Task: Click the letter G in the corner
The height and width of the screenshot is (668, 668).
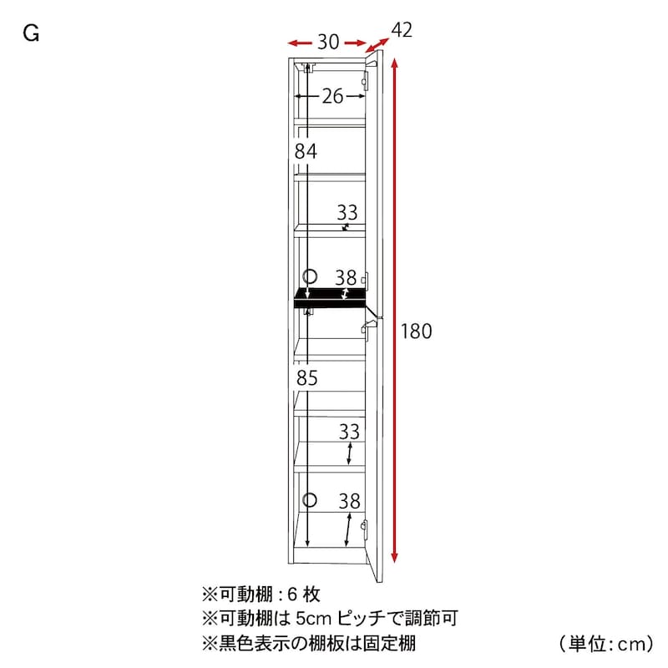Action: [31, 33]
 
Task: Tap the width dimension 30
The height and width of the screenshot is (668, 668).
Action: [328, 43]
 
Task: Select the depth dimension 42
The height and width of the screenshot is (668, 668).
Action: [402, 30]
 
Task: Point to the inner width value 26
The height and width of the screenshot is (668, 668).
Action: [332, 96]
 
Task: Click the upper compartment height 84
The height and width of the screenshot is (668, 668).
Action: [306, 151]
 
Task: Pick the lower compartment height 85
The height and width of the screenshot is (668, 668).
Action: [307, 378]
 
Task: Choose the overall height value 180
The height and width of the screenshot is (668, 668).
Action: [416, 331]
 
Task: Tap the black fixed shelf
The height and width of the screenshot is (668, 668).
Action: [330, 297]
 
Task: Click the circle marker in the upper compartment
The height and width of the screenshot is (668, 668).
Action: [310, 276]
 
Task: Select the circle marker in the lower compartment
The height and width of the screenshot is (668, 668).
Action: [310, 499]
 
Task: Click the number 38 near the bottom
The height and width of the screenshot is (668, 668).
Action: [349, 502]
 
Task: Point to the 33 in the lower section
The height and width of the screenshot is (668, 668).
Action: [349, 432]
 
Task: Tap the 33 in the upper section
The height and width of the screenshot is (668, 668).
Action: [347, 213]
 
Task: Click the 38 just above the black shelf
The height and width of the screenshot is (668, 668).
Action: [346, 278]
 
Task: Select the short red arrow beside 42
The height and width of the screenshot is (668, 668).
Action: [377, 45]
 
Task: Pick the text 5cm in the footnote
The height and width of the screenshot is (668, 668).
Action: [313, 618]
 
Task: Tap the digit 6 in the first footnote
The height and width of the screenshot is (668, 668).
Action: [292, 595]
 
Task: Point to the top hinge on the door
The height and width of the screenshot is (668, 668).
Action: [366, 80]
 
